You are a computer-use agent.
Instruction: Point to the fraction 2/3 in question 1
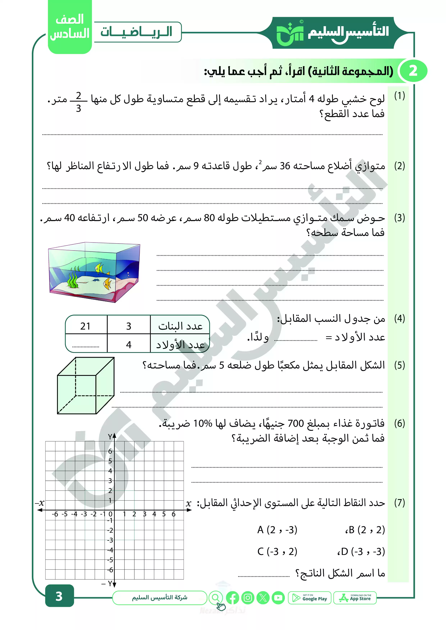pos(79,102)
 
